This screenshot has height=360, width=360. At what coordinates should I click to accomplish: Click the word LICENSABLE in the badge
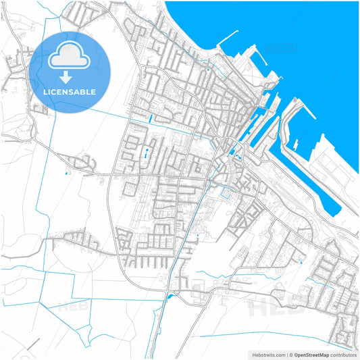click(70, 92)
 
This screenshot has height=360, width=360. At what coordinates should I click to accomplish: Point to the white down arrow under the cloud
click(70, 76)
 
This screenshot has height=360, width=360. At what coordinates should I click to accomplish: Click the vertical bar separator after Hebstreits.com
click(286, 354)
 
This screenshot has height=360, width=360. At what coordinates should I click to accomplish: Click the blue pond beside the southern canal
click(170, 296)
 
